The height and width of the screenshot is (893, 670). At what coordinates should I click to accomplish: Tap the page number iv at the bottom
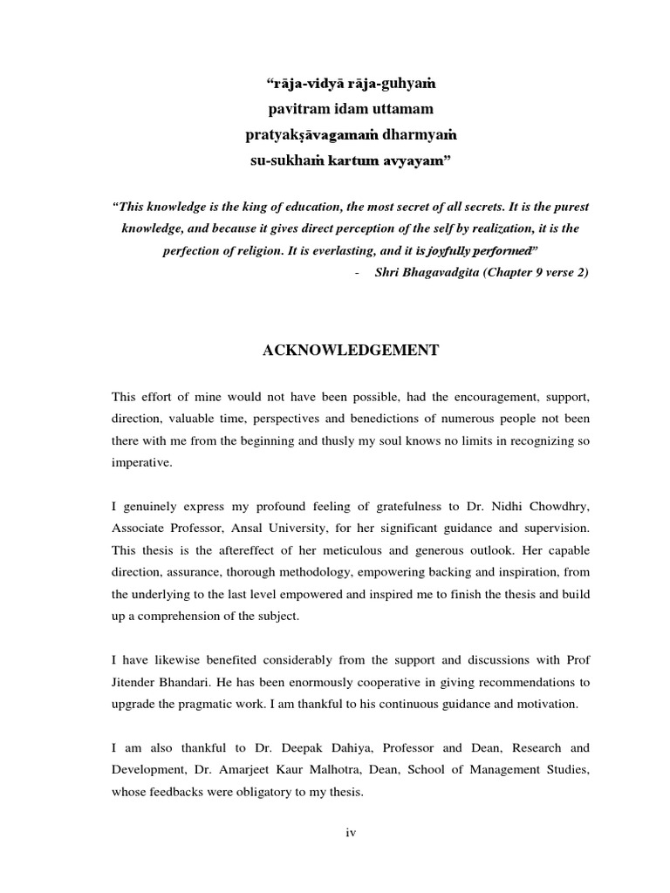coord(351,832)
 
